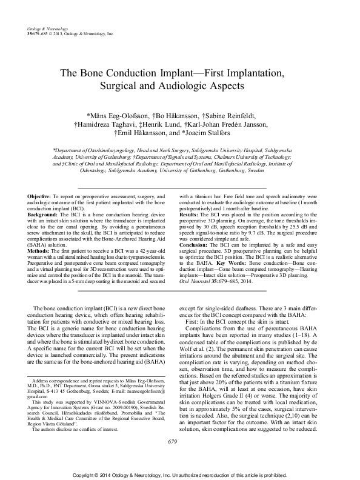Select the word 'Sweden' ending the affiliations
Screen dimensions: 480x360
(256, 171)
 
